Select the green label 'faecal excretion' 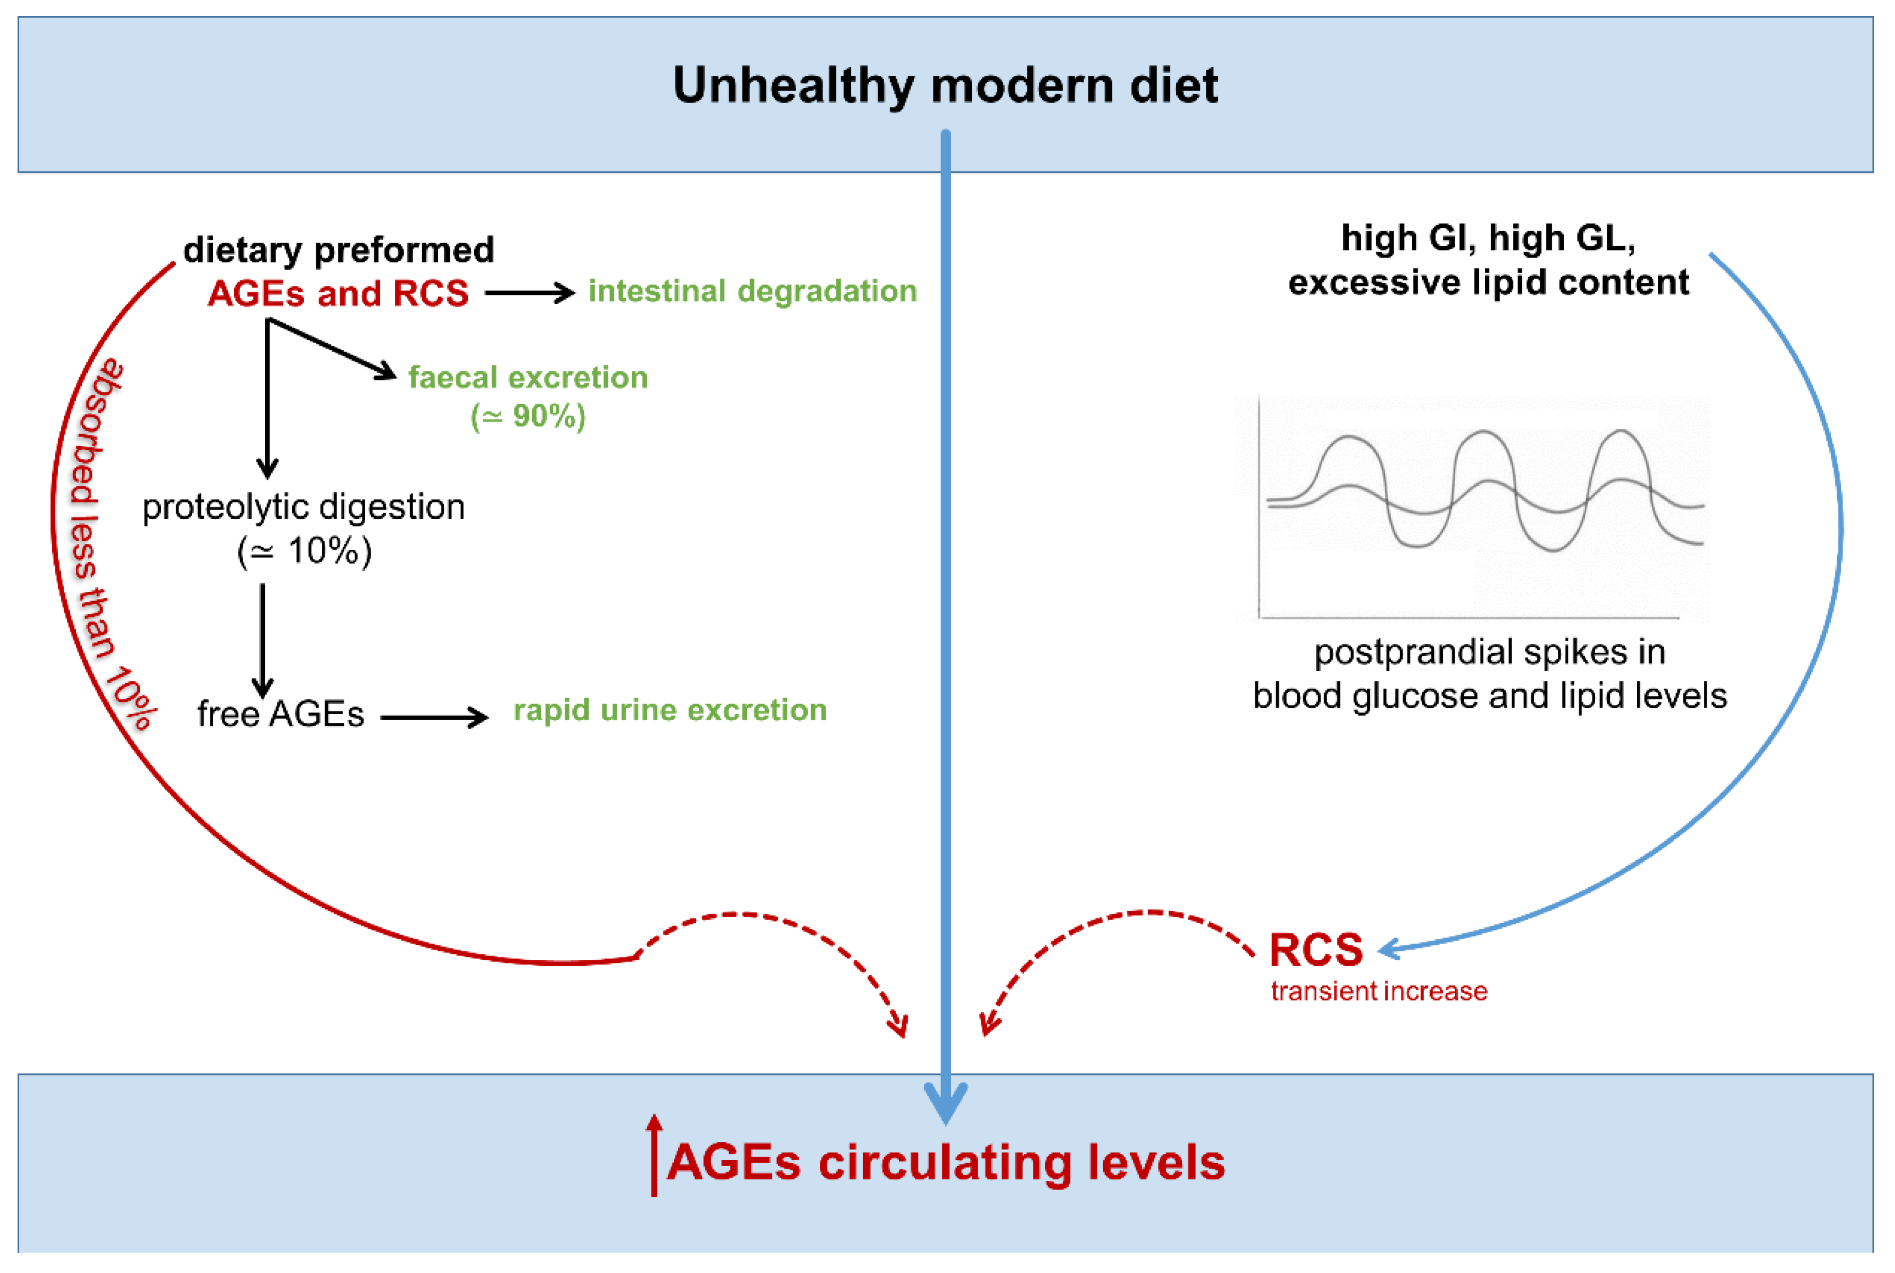tap(528, 378)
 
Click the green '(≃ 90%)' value tap(528, 417)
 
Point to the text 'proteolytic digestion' tap(304, 507)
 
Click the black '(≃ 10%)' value tap(304, 552)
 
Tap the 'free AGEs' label tap(280, 714)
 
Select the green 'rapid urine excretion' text tap(670, 710)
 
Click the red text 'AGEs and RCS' tap(338, 293)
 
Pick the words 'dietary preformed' tap(339, 250)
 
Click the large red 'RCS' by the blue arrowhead tap(1315, 950)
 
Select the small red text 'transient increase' tap(1378, 991)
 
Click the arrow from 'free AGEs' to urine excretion tap(434, 717)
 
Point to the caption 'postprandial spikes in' tap(1489, 652)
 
